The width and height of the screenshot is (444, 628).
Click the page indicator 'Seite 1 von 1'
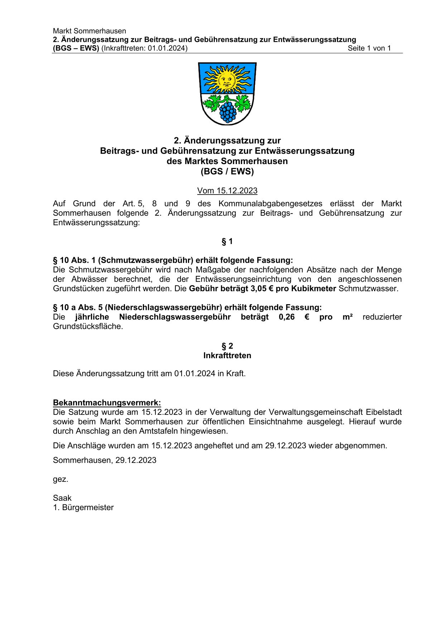click(369, 48)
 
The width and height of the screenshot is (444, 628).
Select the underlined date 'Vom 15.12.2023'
click(227, 191)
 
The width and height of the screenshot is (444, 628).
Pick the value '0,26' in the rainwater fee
click(286, 317)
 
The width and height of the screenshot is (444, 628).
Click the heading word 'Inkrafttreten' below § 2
click(227, 356)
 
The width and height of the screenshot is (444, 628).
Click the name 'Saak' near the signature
click(62, 498)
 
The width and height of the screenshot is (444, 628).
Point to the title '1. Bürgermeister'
click(83, 508)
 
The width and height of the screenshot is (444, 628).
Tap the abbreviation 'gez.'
click(60, 479)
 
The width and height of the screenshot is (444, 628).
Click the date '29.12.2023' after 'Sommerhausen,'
click(136, 460)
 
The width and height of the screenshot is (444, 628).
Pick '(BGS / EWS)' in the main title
click(227, 172)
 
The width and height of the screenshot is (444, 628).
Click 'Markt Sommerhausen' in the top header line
click(89, 31)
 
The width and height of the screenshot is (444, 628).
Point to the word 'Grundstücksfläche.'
click(88, 327)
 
